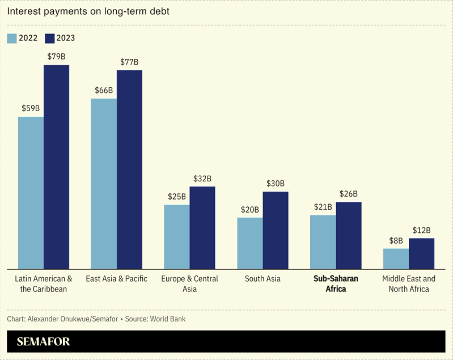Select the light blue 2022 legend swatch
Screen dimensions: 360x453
12,39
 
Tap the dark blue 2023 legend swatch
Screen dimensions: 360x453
49,39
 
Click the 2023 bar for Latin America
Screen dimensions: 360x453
56,167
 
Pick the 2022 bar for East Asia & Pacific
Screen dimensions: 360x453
104,184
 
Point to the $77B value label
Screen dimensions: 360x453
129,62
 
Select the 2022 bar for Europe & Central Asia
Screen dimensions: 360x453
177,236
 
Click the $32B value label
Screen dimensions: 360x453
202,178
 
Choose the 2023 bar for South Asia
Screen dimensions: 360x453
276,230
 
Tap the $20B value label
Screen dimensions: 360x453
250,209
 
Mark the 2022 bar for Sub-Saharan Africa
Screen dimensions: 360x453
323,242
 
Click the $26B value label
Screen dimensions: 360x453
349,194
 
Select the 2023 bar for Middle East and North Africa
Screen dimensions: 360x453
421,253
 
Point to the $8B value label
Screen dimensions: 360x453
396,240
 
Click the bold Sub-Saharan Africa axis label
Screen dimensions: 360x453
335,283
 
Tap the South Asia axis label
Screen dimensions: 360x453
263,279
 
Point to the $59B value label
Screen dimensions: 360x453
31,108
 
